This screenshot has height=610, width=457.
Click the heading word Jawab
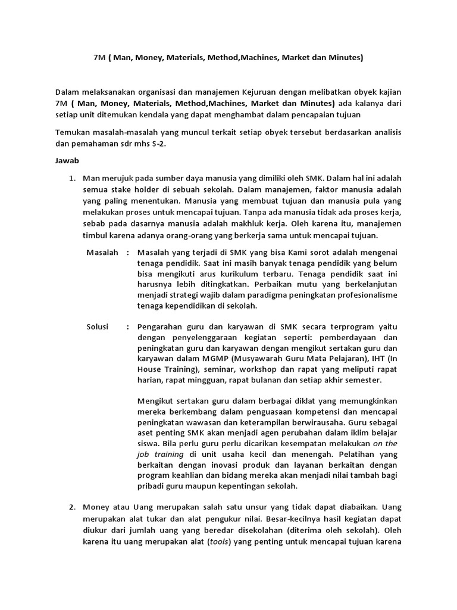(x=67, y=161)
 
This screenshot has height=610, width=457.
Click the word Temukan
(x=73, y=132)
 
